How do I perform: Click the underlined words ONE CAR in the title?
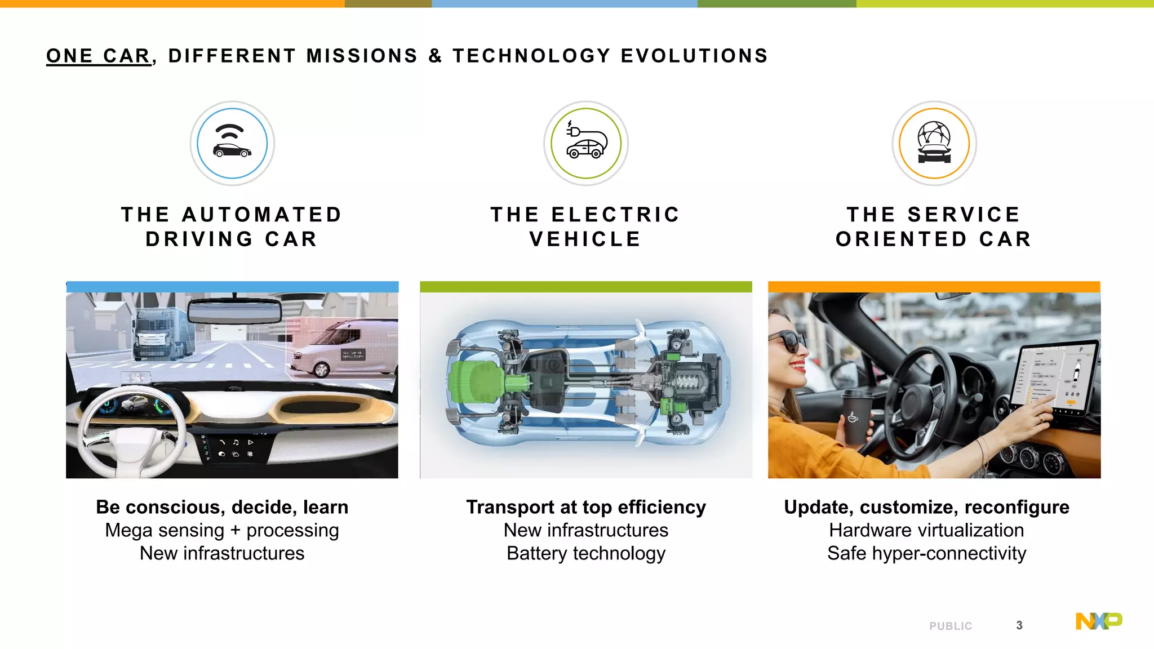coord(99,56)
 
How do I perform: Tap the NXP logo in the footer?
coord(1099,621)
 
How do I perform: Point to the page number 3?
coord(1019,625)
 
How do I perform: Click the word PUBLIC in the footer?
coord(951,626)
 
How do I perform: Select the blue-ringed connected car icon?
coord(232,143)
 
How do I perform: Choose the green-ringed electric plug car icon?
coord(586,143)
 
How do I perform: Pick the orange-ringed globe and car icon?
coord(934,143)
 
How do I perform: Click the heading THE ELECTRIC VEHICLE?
coord(585,226)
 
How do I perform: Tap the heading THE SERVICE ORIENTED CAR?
coord(934,226)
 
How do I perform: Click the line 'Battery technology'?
coord(586,553)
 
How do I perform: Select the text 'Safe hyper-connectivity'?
coord(926,553)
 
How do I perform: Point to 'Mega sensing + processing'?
coord(222,530)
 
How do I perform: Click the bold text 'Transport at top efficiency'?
coord(586,507)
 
